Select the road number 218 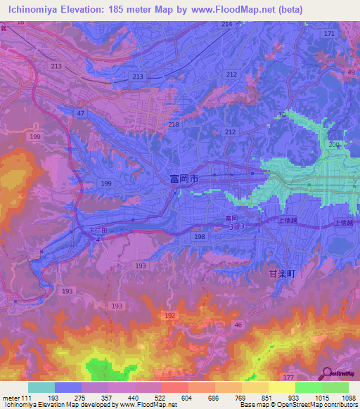point(174,124)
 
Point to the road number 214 point(226,24)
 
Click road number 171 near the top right point(329,34)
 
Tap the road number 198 point(200,238)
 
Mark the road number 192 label point(169,317)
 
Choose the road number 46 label point(238,324)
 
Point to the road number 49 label point(351,72)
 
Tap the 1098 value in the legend point(347,398)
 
